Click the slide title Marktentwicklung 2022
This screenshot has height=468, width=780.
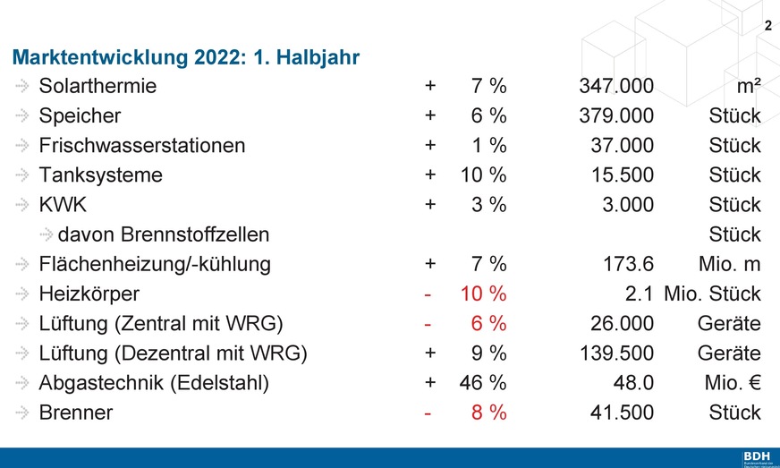click(185, 58)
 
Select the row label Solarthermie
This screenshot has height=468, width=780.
click(97, 87)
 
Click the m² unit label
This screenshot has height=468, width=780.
click(744, 87)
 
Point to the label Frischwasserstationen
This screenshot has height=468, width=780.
click(141, 146)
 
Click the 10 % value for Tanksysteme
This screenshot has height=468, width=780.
click(483, 175)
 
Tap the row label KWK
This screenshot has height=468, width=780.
click(63, 205)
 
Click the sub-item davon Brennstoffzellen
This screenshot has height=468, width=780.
click(163, 235)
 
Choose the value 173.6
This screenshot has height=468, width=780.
click(629, 265)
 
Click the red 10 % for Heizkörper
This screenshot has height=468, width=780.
click(483, 294)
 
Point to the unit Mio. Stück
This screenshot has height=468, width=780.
click(712, 294)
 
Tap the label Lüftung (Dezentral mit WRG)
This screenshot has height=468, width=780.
click(173, 353)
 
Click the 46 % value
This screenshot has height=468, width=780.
click(483, 383)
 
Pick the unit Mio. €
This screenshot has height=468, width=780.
click(732, 383)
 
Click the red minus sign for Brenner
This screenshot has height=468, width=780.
click(430, 413)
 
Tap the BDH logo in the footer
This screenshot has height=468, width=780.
click(756, 457)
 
